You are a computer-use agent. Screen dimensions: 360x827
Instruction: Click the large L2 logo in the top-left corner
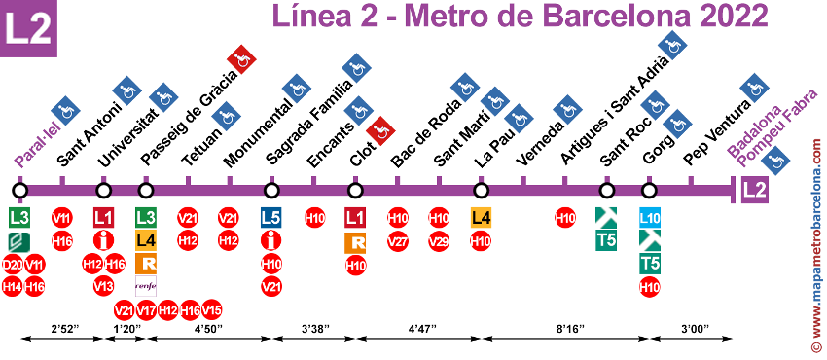pos(28,28)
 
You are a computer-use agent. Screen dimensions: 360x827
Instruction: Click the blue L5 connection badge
pos(272,216)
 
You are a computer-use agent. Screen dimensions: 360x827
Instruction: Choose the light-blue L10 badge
pos(650,216)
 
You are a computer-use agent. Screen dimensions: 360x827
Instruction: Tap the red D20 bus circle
pos(13,264)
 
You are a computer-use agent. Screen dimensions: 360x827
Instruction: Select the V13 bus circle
pos(103,286)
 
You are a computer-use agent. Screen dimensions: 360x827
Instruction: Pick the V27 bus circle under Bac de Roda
pos(398,240)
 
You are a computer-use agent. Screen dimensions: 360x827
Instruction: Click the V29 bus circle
pos(439,240)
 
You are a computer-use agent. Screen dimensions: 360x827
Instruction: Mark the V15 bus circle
pos(211,309)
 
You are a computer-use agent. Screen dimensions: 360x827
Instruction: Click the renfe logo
pos(146,286)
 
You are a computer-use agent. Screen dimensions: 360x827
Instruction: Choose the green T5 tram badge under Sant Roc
pos(608,240)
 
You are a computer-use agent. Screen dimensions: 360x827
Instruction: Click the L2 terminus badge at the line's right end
pos(754,190)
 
